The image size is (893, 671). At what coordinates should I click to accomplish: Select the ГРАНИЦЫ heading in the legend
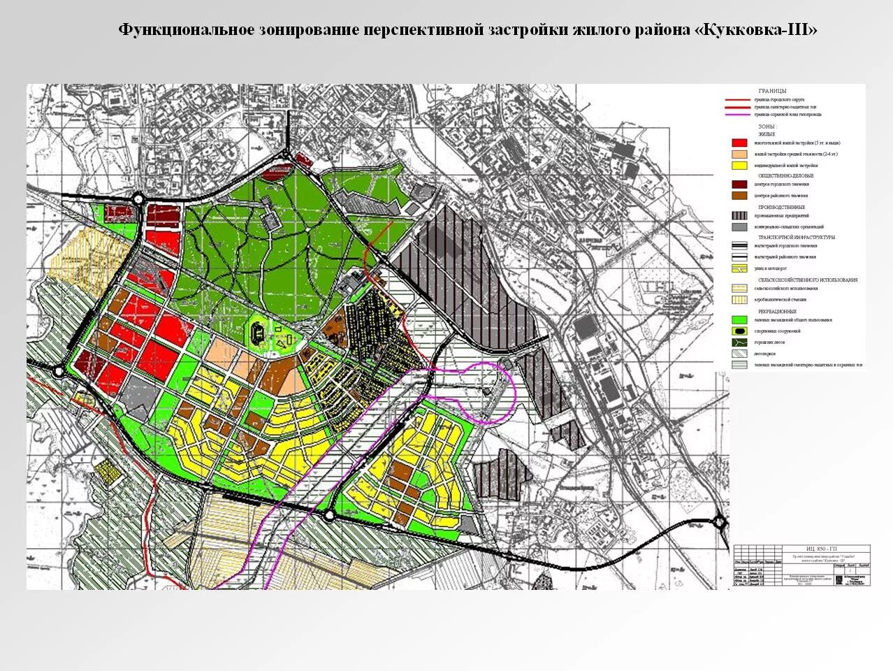click(772, 91)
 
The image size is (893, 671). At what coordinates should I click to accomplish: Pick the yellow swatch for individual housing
click(739, 166)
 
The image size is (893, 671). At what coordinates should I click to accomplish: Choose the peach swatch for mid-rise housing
click(739, 154)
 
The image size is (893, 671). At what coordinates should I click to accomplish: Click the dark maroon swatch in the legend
click(739, 185)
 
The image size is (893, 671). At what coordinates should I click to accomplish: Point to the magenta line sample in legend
click(738, 114)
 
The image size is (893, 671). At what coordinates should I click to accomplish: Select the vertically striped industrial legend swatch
click(739, 216)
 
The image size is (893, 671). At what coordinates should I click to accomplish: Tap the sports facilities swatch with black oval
click(739, 331)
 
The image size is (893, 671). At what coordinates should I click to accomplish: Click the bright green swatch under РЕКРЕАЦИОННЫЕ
click(739, 319)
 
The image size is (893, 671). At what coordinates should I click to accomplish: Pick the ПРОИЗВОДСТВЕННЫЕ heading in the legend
click(781, 207)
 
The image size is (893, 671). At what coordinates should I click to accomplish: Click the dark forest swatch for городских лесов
click(739, 342)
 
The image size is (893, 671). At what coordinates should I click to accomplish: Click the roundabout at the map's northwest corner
click(138, 199)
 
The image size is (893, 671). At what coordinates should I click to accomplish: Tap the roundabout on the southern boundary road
click(328, 516)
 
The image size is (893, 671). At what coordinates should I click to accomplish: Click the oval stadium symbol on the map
click(257, 334)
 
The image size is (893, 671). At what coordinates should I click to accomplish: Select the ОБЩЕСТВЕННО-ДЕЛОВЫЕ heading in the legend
click(785, 175)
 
